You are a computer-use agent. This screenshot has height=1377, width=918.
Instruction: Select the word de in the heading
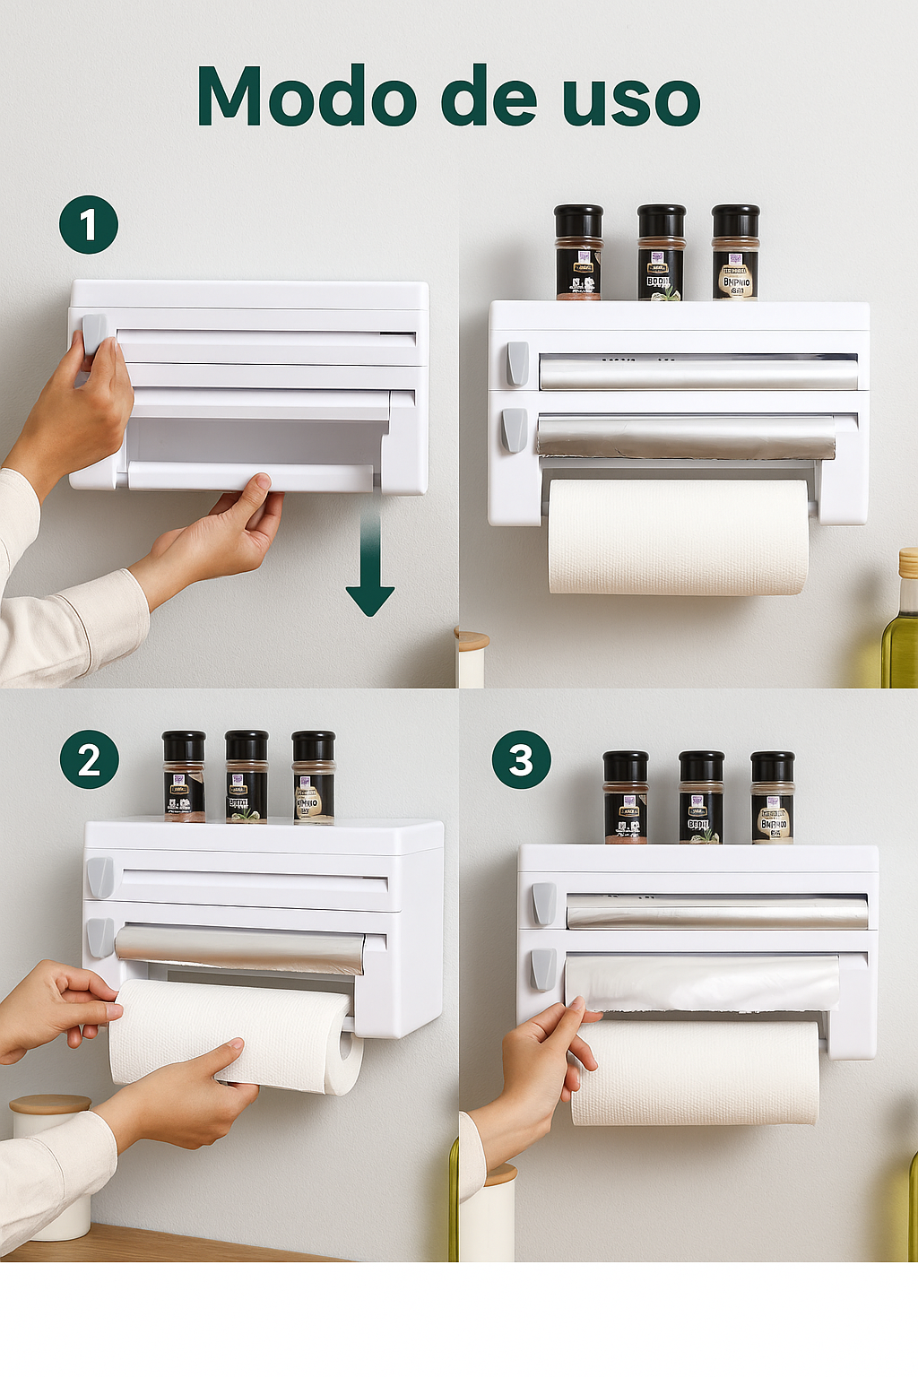(489, 97)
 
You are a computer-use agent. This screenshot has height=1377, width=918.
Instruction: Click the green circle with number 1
(89, 224)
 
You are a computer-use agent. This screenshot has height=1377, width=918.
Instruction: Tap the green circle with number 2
(89, 759)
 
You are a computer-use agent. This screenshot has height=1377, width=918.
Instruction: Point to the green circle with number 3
(521, 759)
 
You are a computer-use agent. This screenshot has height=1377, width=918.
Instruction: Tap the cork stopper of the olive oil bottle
(908, 562)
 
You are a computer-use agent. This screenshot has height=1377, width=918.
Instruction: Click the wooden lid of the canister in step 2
(50, 1104)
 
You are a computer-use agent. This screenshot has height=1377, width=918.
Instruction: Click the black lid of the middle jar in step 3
(701, 766)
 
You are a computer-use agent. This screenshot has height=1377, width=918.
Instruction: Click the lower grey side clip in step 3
(542, 969)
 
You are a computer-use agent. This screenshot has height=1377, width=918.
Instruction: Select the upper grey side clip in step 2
(100, 877)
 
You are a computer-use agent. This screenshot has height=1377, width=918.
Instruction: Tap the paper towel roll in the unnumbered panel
(678, 536)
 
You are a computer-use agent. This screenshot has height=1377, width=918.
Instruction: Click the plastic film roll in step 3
(701, 982)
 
